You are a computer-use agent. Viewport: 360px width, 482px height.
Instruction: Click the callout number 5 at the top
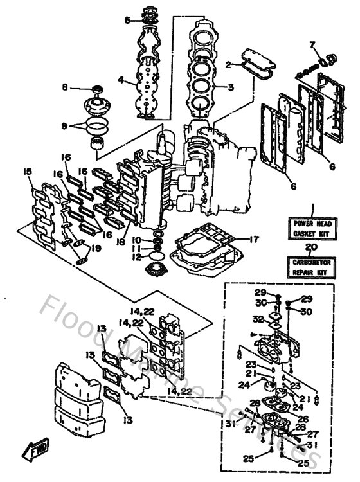point(127,20)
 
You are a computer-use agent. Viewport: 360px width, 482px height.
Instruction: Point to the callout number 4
point(120,80)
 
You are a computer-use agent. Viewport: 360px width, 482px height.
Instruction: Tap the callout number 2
point(228,64)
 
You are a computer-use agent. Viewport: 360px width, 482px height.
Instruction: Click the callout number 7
point(313,44)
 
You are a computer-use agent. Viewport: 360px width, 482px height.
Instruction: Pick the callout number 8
point(65,87)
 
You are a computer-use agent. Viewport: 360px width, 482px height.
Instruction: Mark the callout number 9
point(65,127)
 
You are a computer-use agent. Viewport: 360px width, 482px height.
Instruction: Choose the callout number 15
point(26,172)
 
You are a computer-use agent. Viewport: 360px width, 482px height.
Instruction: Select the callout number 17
point(255,239)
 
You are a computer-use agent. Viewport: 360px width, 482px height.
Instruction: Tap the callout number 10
point(137,240)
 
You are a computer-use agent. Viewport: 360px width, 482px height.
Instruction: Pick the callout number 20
point(310,246)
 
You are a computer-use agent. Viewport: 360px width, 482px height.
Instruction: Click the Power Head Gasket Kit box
point(310,228)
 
